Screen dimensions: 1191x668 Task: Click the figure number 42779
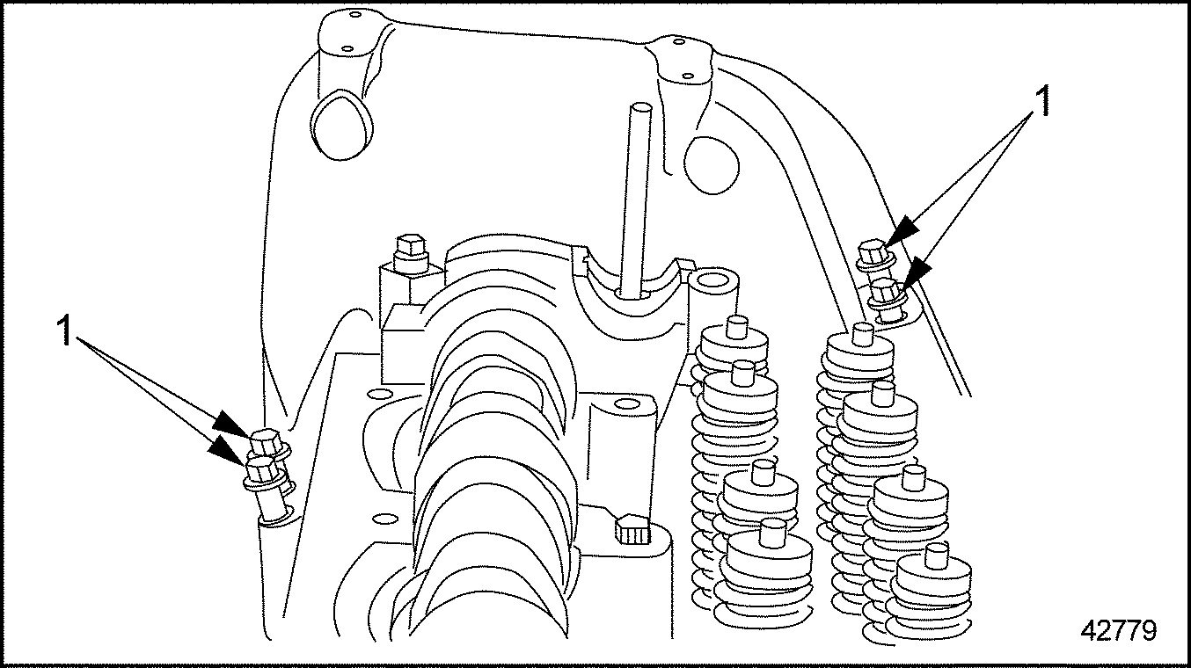coord(1119,631)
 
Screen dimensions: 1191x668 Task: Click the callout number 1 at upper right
coord(1044,102)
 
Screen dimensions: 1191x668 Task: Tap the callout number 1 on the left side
coord(65,330)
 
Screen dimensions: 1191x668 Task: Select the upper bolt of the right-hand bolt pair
coord(874,255)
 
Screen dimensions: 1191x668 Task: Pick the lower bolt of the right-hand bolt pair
coord(888,299)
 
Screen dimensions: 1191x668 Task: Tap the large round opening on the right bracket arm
coord(712,164)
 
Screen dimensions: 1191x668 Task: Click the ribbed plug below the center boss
coord(631,528)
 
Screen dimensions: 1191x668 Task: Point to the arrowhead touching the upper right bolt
coord(904,231)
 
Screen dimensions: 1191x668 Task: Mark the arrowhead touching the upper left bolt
coord(231,420)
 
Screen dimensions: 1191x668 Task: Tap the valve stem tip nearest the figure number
coord(936,555)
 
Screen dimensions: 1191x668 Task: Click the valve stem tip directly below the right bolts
coord(863,333)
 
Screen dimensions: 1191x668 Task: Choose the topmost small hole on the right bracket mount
coord(679,41)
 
